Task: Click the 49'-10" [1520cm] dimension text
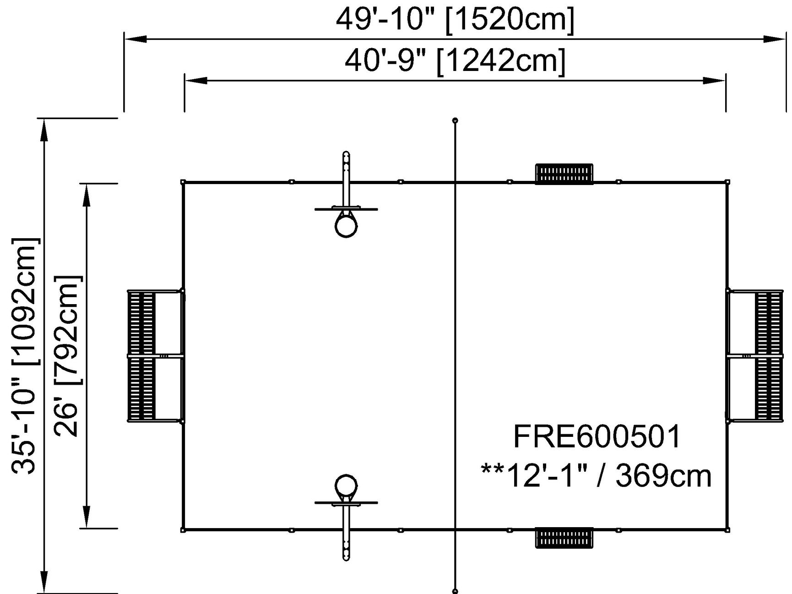(455, 19)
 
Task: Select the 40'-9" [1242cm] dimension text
(455, 60)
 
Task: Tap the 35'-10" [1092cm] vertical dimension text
(24, 356)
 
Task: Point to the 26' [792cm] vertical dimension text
(68, 356)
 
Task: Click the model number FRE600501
(597, 436)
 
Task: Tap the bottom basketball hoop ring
(346, 485)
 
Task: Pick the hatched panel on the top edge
(564, 174)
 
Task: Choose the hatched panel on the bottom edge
(564, 538)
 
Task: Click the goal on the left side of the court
(156, 355)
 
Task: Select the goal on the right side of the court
(754, 355)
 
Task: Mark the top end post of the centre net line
(455, 120)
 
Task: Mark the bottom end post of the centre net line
(455, 591)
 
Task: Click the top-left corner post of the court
(183, 182)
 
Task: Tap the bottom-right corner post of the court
(727, 530)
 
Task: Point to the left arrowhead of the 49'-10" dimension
(136, 39)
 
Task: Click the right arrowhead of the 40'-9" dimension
(714, 81)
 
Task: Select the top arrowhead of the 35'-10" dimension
(44, 129)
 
